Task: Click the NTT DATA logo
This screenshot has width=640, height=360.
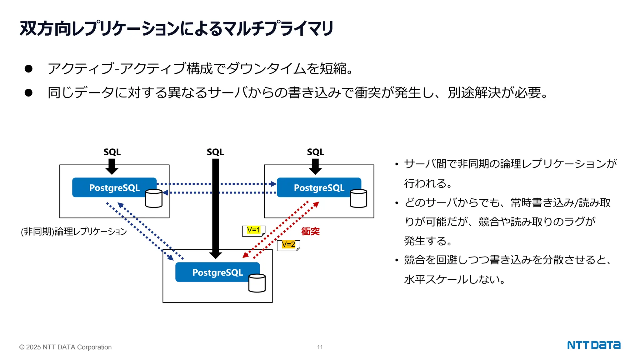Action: coord(593,345)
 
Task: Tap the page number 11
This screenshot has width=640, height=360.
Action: coord(320,347)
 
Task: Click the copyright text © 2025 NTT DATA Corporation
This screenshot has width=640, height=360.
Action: coord(65,347)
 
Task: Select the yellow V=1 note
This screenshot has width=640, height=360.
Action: coord(253,230)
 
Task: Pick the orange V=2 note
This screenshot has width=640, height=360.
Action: coord(288,244)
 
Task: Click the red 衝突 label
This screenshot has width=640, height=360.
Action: coord(310,231)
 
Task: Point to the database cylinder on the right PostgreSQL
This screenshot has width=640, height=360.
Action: coord(358,198)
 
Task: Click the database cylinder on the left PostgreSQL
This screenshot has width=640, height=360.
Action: coord(154,198)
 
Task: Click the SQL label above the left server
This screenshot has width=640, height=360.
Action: coord(112,152)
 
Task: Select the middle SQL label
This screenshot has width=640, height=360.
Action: coord(215,152)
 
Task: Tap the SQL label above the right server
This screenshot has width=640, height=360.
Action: coord(315,152)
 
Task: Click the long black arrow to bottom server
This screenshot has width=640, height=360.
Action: coord(216,206)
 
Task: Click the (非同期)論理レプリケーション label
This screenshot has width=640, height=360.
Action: coord(74,232)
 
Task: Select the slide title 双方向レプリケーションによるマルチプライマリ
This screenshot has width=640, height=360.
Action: coord(177,29)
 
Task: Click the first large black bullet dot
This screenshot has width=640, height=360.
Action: coord(28,69)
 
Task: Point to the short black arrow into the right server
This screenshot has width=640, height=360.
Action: coord(315,166)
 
